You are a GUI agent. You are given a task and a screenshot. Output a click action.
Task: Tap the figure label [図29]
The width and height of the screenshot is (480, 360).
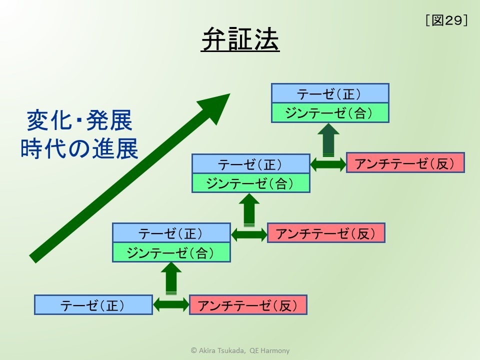pos(446,20)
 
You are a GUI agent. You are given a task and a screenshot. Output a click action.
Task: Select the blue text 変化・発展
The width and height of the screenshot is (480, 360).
pos(79,120)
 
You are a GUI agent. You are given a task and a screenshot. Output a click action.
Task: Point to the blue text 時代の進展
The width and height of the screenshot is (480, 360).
pos(79,148)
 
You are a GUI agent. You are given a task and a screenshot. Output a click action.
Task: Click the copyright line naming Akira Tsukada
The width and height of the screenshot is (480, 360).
pos(240,350)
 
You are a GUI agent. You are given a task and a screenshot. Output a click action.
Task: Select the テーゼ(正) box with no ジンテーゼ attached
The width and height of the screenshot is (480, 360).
pos(93,305)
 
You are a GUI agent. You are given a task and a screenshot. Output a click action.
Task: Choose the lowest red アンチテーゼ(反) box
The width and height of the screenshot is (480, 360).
pos(248,305)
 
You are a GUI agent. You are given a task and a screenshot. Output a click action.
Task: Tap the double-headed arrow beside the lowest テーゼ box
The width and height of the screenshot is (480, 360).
pos(171,305)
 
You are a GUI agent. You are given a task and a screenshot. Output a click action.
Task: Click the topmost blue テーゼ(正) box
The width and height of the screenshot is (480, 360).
pos(330,93)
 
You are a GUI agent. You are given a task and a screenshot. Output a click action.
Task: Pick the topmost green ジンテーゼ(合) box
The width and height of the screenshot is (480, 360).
pos(330,113)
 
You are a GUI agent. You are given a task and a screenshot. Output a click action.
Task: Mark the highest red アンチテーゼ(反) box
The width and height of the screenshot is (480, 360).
pos(405,162)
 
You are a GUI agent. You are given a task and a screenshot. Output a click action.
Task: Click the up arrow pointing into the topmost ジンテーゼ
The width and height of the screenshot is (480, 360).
pos(328,140)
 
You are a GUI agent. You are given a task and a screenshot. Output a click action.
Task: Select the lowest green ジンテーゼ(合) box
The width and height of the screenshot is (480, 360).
pos(171,252)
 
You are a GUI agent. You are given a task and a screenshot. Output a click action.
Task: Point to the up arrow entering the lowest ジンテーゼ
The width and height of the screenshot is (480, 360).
pos(171,278)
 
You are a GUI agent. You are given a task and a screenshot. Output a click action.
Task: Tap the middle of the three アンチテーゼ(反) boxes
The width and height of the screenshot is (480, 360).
pos(326,233)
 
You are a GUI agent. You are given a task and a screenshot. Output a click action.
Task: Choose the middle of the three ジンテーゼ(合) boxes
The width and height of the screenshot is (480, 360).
pos(250,183)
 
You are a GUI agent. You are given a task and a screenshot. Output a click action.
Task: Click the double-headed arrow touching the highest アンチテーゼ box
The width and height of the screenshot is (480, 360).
pos(328,164)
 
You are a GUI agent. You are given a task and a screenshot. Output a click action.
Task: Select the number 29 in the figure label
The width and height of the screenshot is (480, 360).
pos(453,20)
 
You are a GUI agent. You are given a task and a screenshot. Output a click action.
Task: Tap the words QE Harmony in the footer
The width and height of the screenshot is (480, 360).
pos(269,350)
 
